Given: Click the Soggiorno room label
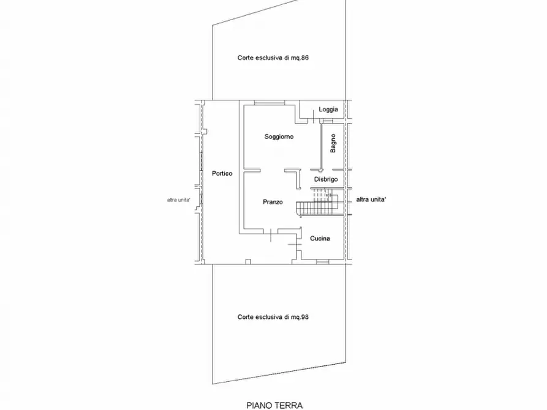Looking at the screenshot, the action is [279, 136].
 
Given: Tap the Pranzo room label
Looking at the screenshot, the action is [273, 202].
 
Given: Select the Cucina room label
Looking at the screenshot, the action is [320, 239].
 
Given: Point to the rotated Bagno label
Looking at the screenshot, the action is [333, 143].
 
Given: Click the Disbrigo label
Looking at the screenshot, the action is [326, 179].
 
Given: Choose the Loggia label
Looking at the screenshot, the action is [328, 110].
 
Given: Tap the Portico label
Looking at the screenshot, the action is [222, 173].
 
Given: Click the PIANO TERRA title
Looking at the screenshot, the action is [274, 406].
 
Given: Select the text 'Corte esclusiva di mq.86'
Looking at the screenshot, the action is [273, 58].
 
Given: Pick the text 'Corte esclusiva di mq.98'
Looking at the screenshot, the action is [273, 317].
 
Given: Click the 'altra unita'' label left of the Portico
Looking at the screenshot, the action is [179, 200].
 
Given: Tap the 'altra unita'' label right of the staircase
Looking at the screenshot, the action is [371, 199].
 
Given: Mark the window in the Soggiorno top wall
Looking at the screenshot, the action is [270, 103].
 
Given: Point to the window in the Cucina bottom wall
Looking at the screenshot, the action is [322, 261].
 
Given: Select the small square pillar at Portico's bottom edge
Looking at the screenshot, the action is [248, 262].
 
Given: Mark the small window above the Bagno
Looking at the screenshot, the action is [327, 121].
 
